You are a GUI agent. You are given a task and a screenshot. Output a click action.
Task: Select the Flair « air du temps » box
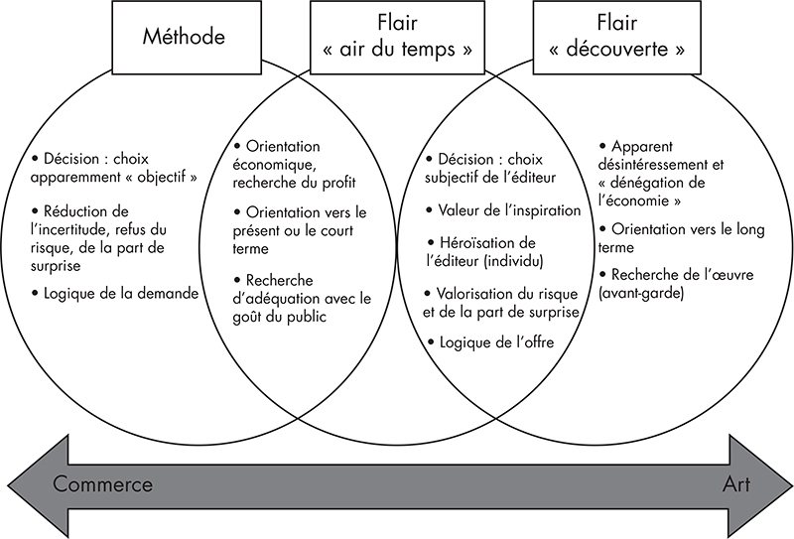click(x=398, y=37)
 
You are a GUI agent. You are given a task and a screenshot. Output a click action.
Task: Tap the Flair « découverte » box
click(x=616, y=37)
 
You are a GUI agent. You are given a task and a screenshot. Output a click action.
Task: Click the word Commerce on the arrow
click(x=102, y=484)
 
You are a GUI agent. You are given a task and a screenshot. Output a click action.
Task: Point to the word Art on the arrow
click(x=736, y=484)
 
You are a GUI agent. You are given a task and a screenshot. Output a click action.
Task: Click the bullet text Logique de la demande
click(x=115, y=293)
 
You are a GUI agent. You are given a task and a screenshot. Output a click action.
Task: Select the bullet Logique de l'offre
click(x=490, y=342)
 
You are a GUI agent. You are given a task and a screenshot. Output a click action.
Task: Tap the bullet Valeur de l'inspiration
click(x=503, y=209)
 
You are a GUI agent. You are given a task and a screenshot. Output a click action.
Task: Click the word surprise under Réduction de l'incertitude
click(x=56, y=266)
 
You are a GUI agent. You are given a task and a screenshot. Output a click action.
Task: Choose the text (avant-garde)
click(x=641, y=293)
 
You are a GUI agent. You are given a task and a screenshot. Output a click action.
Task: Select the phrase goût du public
click(x=280, y=317)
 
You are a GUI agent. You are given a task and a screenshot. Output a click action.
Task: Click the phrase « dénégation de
click(x=651, y=183)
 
